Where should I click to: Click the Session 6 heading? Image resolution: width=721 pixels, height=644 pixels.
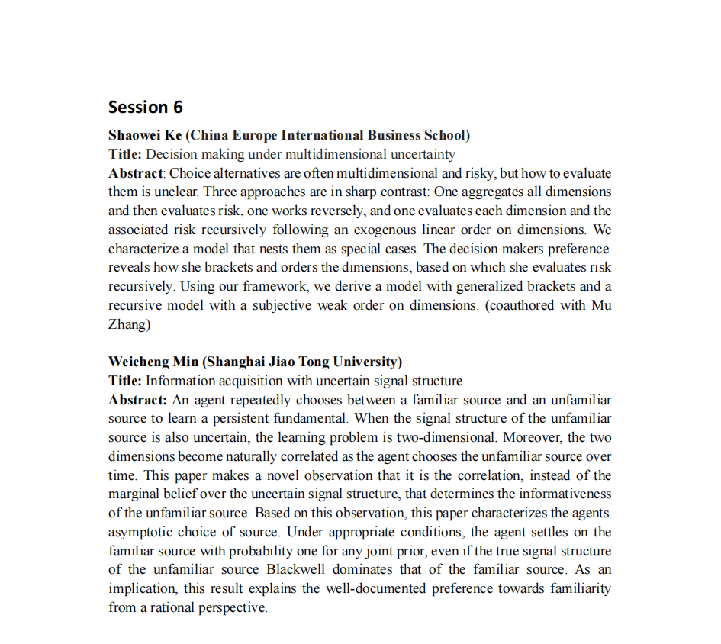click(145, 106)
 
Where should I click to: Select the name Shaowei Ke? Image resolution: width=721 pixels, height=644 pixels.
click(145, 136)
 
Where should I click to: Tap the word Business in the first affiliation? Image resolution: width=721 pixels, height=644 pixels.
click(394, 136)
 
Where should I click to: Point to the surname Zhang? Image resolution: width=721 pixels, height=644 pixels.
click(127, 324)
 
